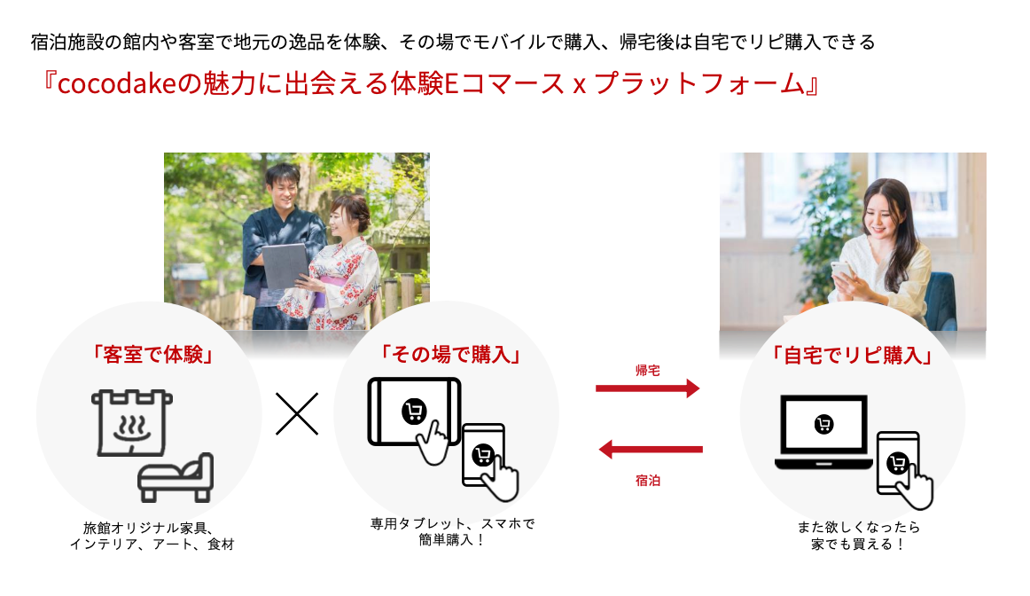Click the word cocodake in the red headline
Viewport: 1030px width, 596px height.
[x=116, y=84]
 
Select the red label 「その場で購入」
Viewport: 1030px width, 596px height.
[x=449, y=354]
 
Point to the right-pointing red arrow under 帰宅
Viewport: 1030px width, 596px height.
[x=647, y=388]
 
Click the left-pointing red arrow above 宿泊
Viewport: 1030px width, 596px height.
[x=651, y=450]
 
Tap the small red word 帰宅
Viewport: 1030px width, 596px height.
[x=647, y=369]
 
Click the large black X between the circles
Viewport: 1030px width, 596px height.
[x=297, y=414]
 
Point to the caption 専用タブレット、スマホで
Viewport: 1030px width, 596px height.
[x=453, y=523]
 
